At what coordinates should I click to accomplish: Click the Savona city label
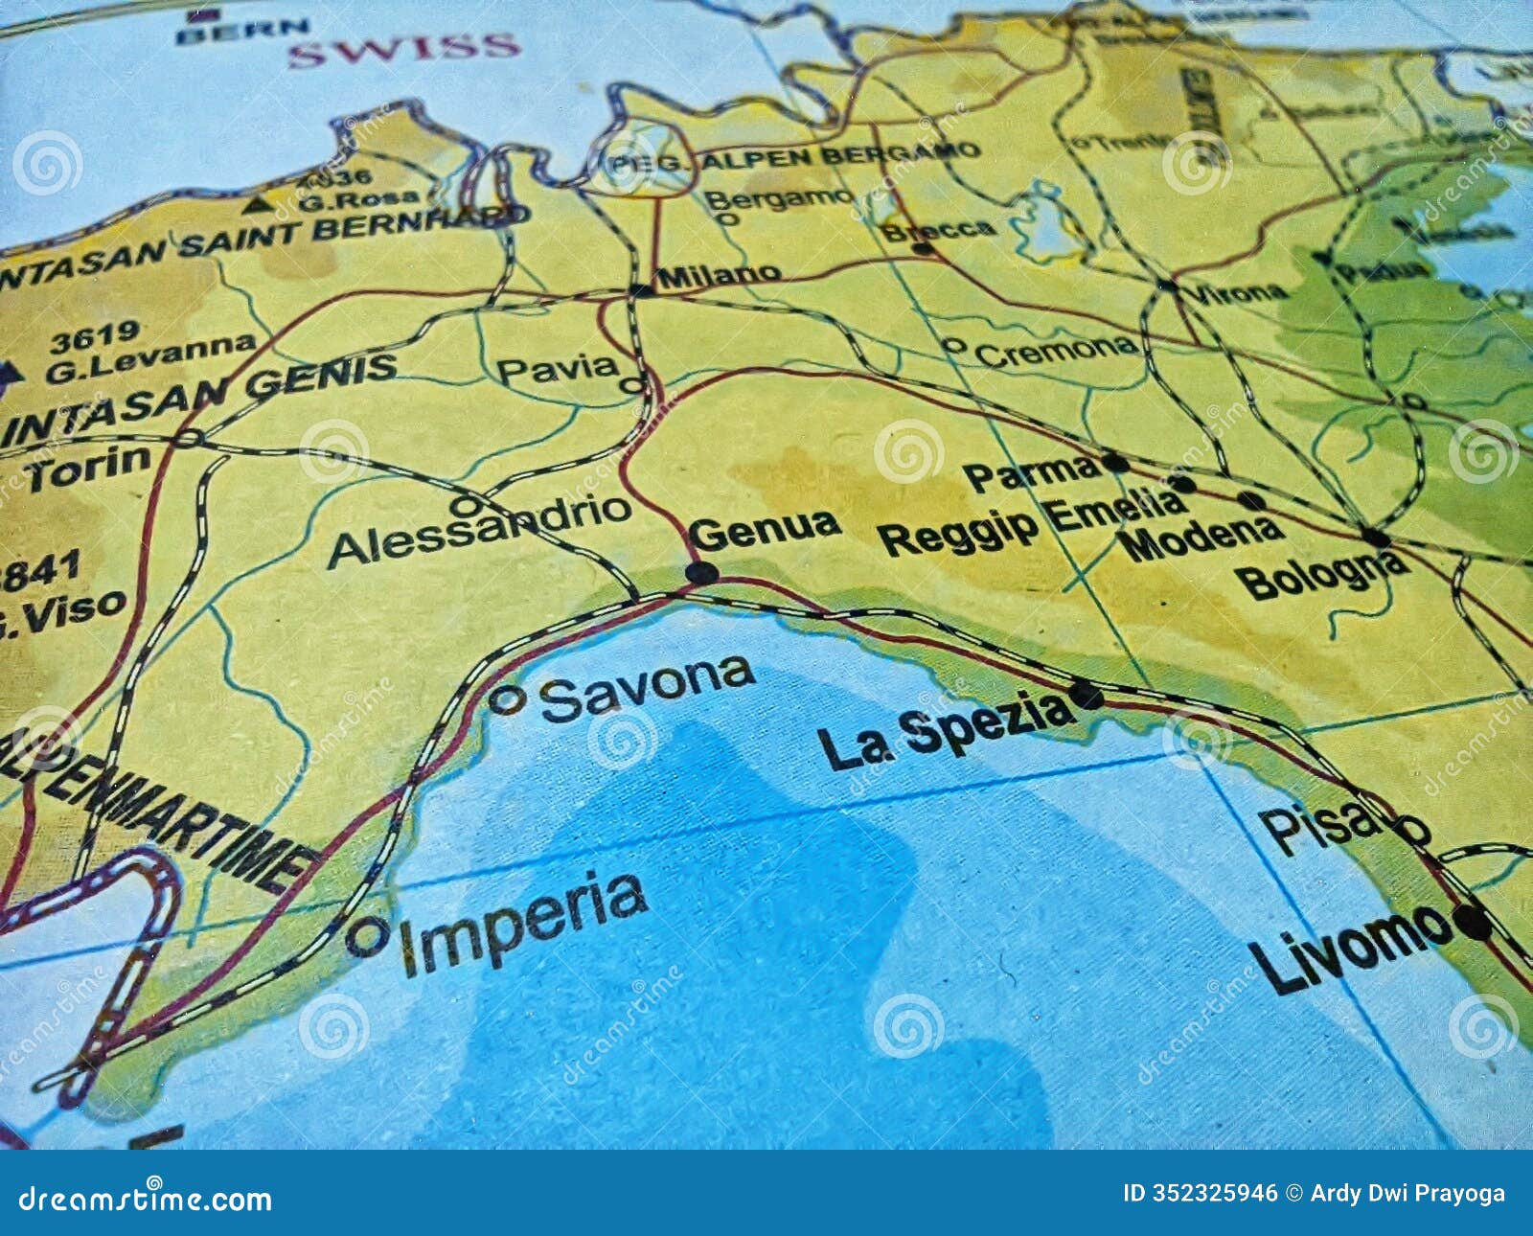tap(647, 688)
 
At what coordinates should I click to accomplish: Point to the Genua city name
tap(765, 528)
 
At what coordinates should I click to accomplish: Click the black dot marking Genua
tap(701, 573)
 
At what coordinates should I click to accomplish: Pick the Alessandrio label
tap(479, 533)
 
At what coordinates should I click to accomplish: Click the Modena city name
tap(1201, 538)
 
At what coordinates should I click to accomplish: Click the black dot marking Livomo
tap(1472, 922)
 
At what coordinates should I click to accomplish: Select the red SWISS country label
tap(404, 48)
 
